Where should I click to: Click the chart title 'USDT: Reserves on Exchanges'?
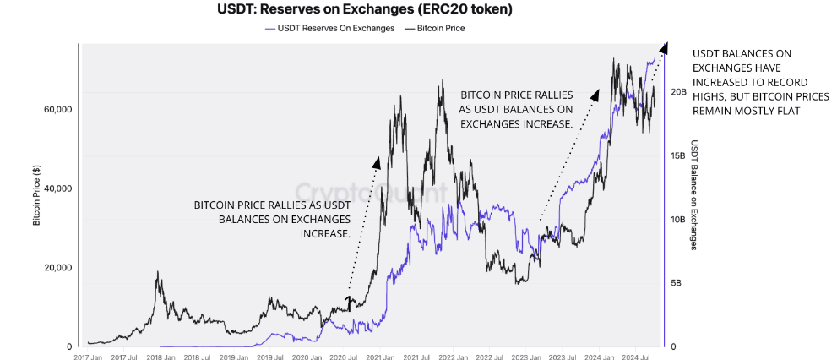click(365, 10)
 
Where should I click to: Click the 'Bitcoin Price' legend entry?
click(440, 28)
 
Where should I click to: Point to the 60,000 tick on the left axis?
click(57, 110)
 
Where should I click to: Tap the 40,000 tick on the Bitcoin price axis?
click(57, 189)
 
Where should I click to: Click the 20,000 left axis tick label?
click(57, 268)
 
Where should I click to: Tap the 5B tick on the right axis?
click(678, 283)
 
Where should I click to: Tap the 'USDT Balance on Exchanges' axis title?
click(694, 195)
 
